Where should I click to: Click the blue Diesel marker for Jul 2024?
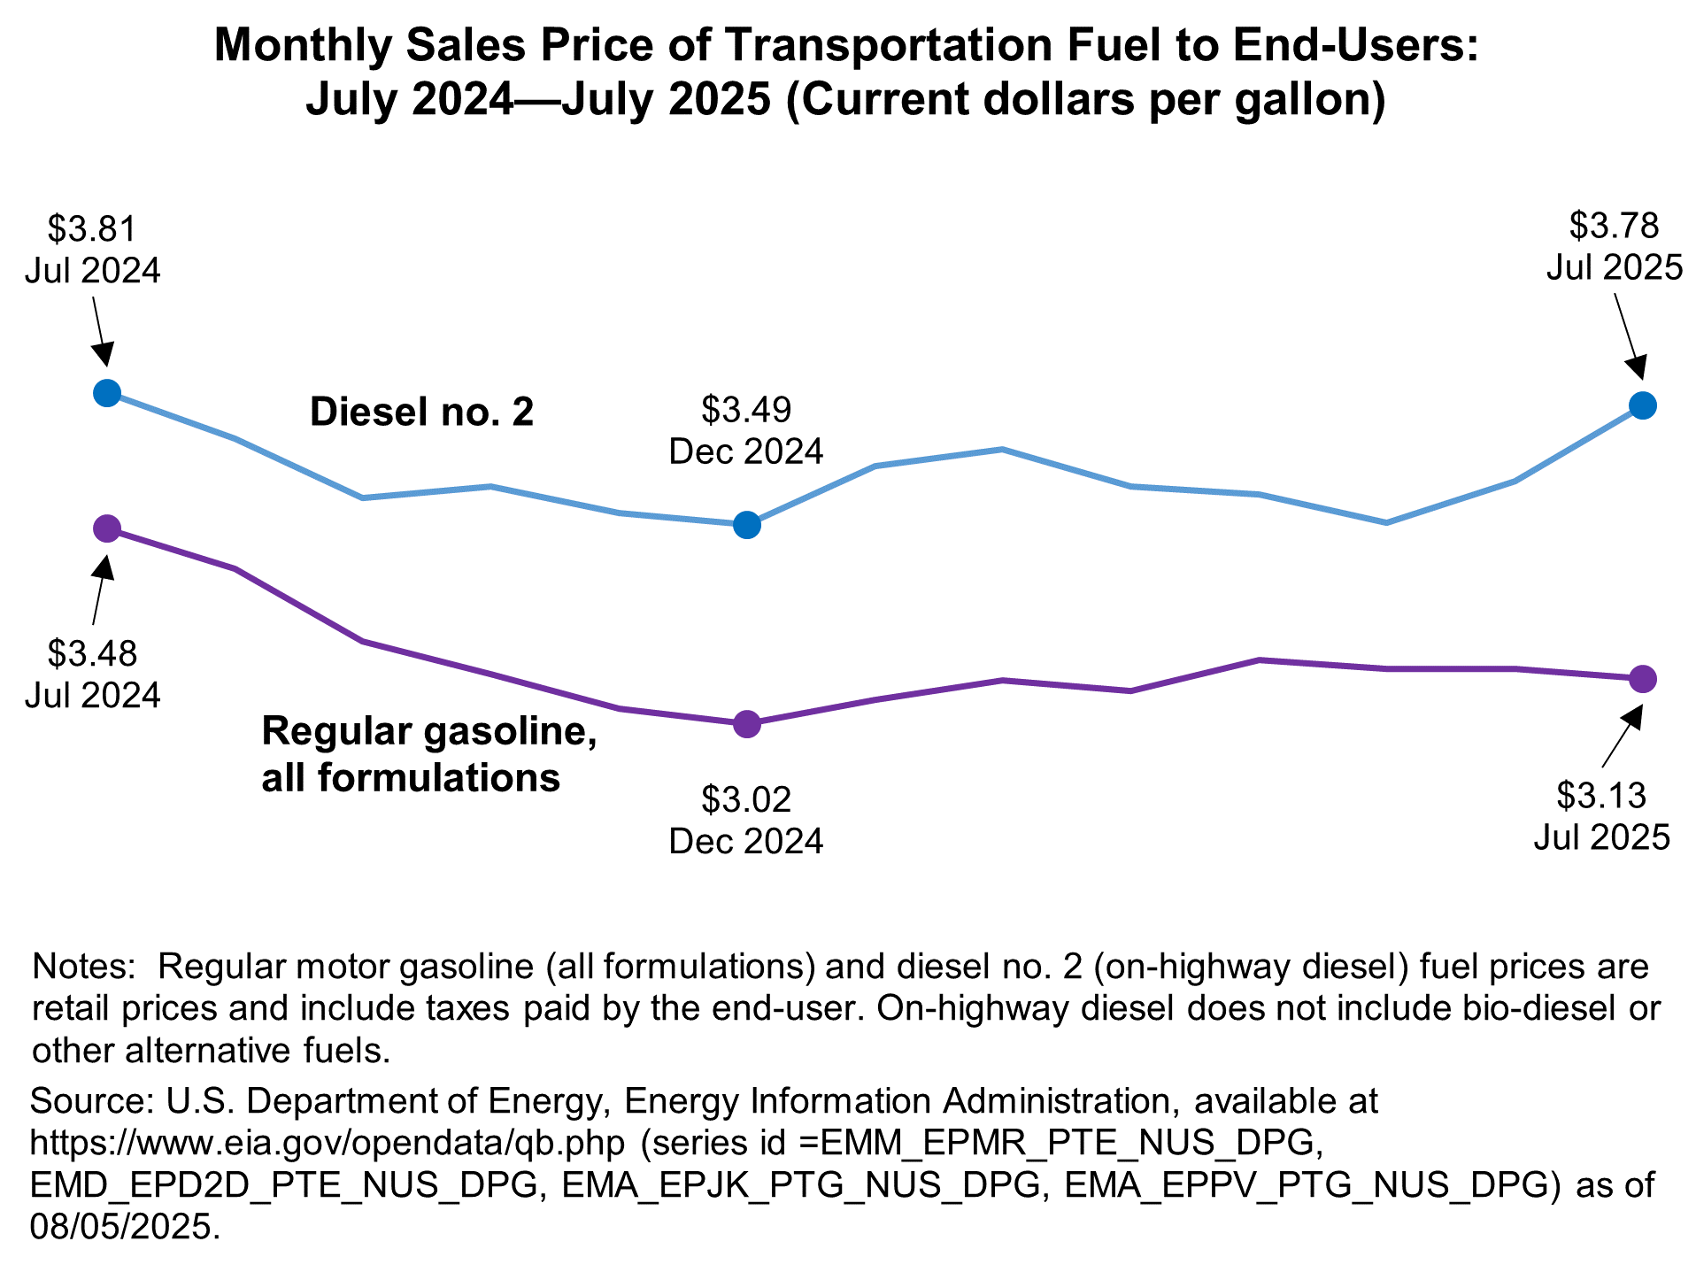point(107,392)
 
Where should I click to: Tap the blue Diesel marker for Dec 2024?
point(746,524)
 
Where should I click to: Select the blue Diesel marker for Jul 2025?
point(1642,405)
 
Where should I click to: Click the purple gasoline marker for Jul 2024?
point(107,528)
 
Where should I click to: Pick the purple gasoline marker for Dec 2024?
point(746,723)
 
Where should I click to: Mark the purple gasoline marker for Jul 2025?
point(1642,679)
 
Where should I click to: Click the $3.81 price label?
point(92,229)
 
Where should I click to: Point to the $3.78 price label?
point(1614,226)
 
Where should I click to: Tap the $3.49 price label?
point(746,410)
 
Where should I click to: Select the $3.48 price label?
point(92,654)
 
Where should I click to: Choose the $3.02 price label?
point(746,799)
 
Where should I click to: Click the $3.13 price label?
point(1601,796)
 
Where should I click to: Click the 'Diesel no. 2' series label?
point(421,413)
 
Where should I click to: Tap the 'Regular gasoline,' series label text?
point(429,733)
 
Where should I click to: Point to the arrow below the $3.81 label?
point(100,329)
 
